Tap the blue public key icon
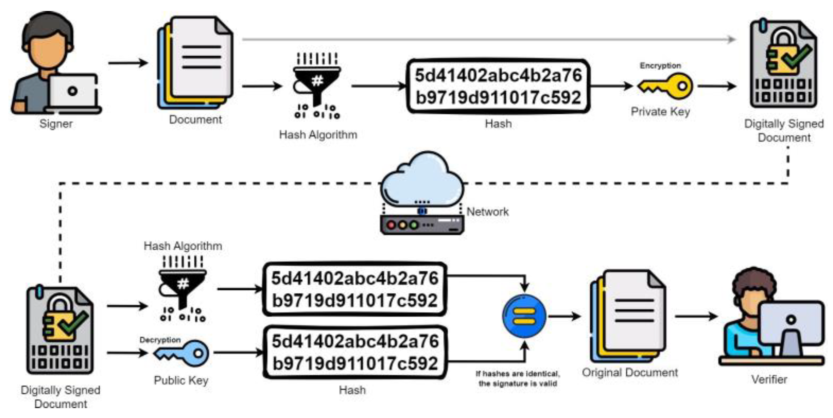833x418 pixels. tap(182, 353)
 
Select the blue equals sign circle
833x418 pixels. tap(524, 316)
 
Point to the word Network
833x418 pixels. tap(488, 212)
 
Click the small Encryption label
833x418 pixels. tap(660, 66)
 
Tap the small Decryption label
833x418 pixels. tap(160, 340)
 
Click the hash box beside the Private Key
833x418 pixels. tap(498, 86)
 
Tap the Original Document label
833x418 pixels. tap(630, 372)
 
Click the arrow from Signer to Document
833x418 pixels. tap(128, 63)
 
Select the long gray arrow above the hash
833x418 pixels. tap(488, 40)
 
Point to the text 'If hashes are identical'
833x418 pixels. tap(518, 374)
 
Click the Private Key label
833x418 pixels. tap(660, 112)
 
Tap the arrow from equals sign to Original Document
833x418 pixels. tap(565, 316)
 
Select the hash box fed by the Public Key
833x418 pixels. tap(355, 352)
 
